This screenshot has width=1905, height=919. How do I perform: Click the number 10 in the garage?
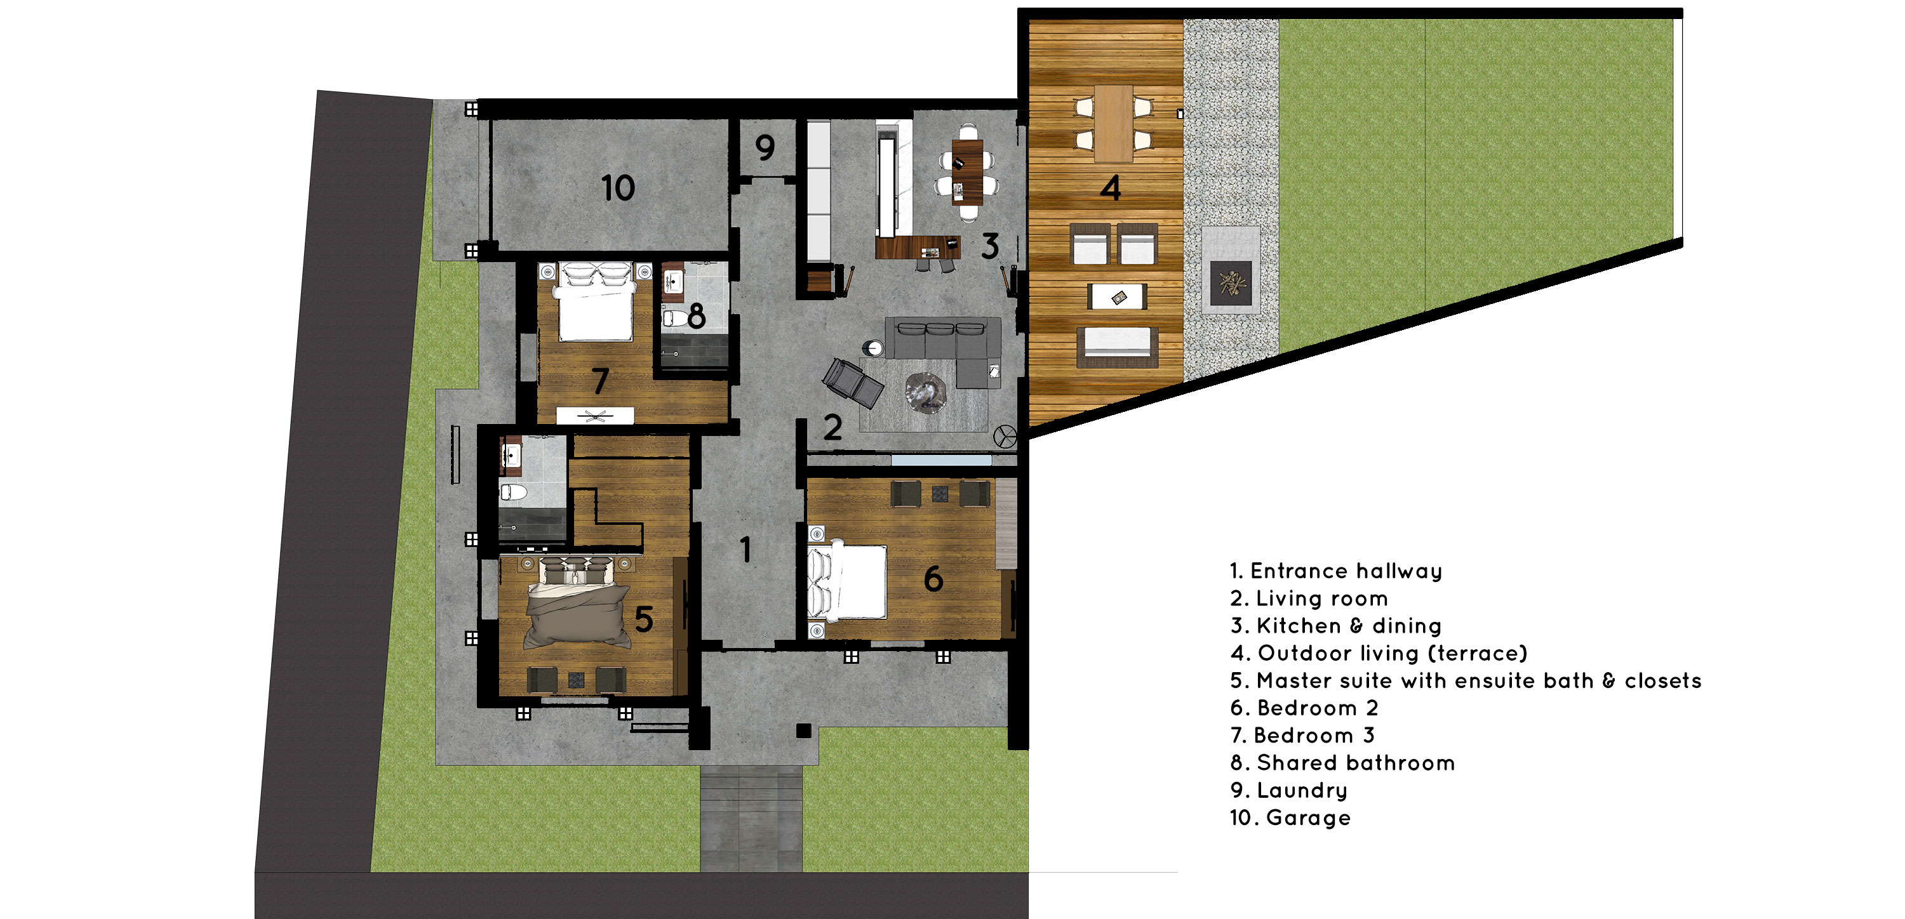pyautogui.click(x=618, y=188)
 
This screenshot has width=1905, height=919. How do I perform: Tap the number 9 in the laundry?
pyautogui.click(x=765, y=148)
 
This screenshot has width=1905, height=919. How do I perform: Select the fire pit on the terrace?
pyautogui.click(x=1231, y=282)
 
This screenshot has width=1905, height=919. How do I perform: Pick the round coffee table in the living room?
pyautogui.click(x=925, y=393)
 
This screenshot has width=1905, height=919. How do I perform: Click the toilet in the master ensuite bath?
pyautogui.click(x=512, y=492)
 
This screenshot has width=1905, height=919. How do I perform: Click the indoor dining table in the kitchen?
pyautogui.click(x=967, y=171)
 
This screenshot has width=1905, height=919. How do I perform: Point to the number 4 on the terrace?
pyautogui.click(x=1110, y=188)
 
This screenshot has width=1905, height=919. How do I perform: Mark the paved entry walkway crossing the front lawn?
pyautogui.click(x=751, y=819)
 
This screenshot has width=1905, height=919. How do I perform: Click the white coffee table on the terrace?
pyautogui.click(x=1117, y=296)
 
